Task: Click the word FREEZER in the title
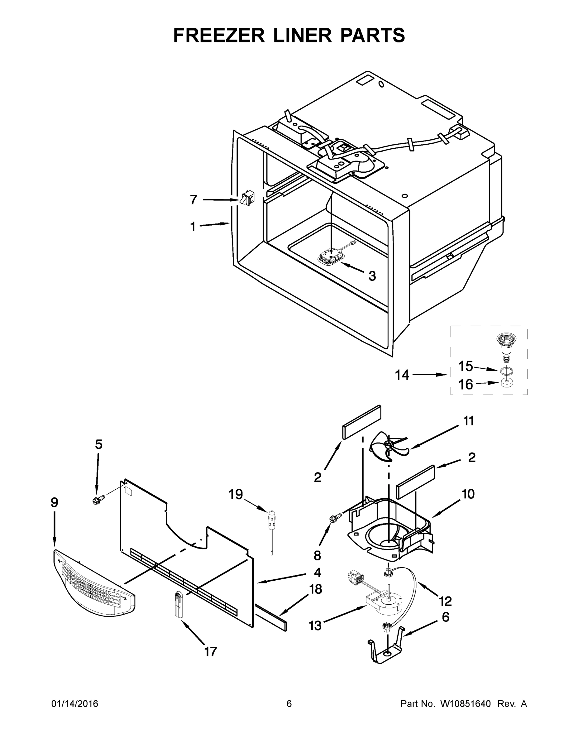[219, 35]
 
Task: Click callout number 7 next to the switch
[193, 199]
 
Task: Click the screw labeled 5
[98, 501]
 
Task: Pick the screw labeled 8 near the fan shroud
[336, 519]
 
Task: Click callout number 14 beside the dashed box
[402, 375]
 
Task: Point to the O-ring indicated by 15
[506, 371]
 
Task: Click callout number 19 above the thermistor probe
[236, 494]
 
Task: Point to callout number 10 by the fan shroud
[468, 494]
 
